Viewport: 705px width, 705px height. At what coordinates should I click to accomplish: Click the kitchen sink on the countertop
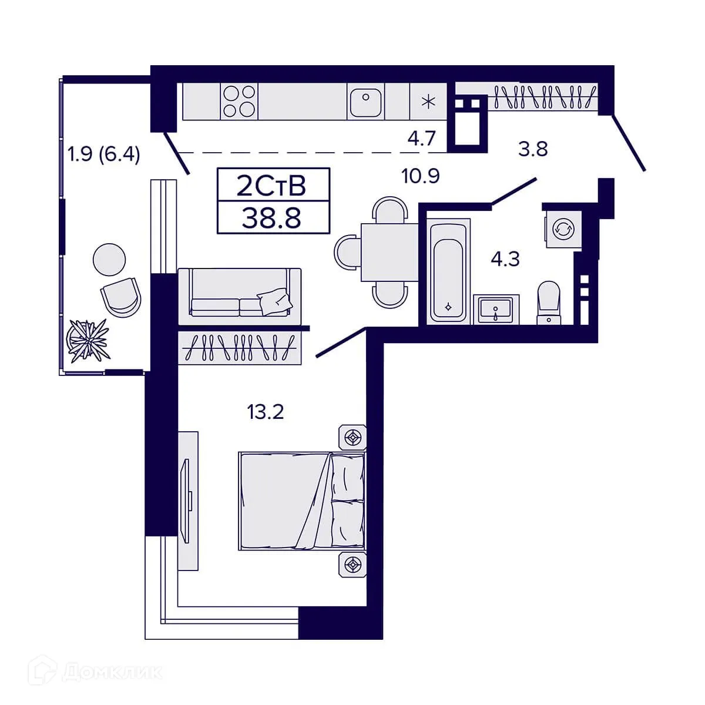365,101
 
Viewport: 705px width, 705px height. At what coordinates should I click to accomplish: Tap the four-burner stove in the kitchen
239,101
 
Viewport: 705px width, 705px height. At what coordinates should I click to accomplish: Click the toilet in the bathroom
549,302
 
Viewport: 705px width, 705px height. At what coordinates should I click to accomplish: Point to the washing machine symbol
563,229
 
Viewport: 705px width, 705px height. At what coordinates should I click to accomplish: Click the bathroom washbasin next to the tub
496,309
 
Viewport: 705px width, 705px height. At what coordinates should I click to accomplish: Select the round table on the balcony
109,260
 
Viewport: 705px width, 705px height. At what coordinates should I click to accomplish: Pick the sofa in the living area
240,296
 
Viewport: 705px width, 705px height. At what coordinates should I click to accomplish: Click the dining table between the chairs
390,252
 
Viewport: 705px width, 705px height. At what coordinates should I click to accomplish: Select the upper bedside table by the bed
352,437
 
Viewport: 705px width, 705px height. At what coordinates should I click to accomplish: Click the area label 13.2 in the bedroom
266,412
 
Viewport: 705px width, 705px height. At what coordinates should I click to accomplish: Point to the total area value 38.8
271,218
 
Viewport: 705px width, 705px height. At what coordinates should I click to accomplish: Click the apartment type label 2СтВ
271,186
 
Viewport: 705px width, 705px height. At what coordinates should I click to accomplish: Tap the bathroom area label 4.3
505,260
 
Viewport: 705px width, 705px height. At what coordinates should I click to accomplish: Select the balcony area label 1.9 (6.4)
103,155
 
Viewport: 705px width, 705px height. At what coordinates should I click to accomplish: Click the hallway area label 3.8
533,149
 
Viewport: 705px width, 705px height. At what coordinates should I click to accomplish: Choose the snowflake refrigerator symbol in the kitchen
428,101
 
